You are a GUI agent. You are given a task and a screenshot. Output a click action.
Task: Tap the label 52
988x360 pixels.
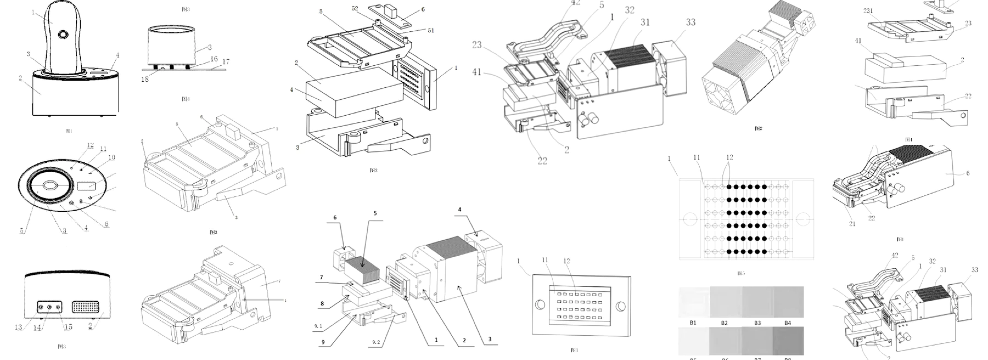click(355, 8)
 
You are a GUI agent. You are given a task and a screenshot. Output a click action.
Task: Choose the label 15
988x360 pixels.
click(68, 327)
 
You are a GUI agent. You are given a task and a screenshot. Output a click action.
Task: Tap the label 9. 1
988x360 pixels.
click(318, 326)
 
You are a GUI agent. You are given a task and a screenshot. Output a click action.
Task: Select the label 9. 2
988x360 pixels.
click(376, 342)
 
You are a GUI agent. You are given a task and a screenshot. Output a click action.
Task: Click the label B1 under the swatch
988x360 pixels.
click(693, 323)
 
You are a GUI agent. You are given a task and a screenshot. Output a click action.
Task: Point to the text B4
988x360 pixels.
click(787, 323)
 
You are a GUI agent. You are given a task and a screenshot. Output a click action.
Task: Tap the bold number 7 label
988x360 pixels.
click(321, 277)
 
